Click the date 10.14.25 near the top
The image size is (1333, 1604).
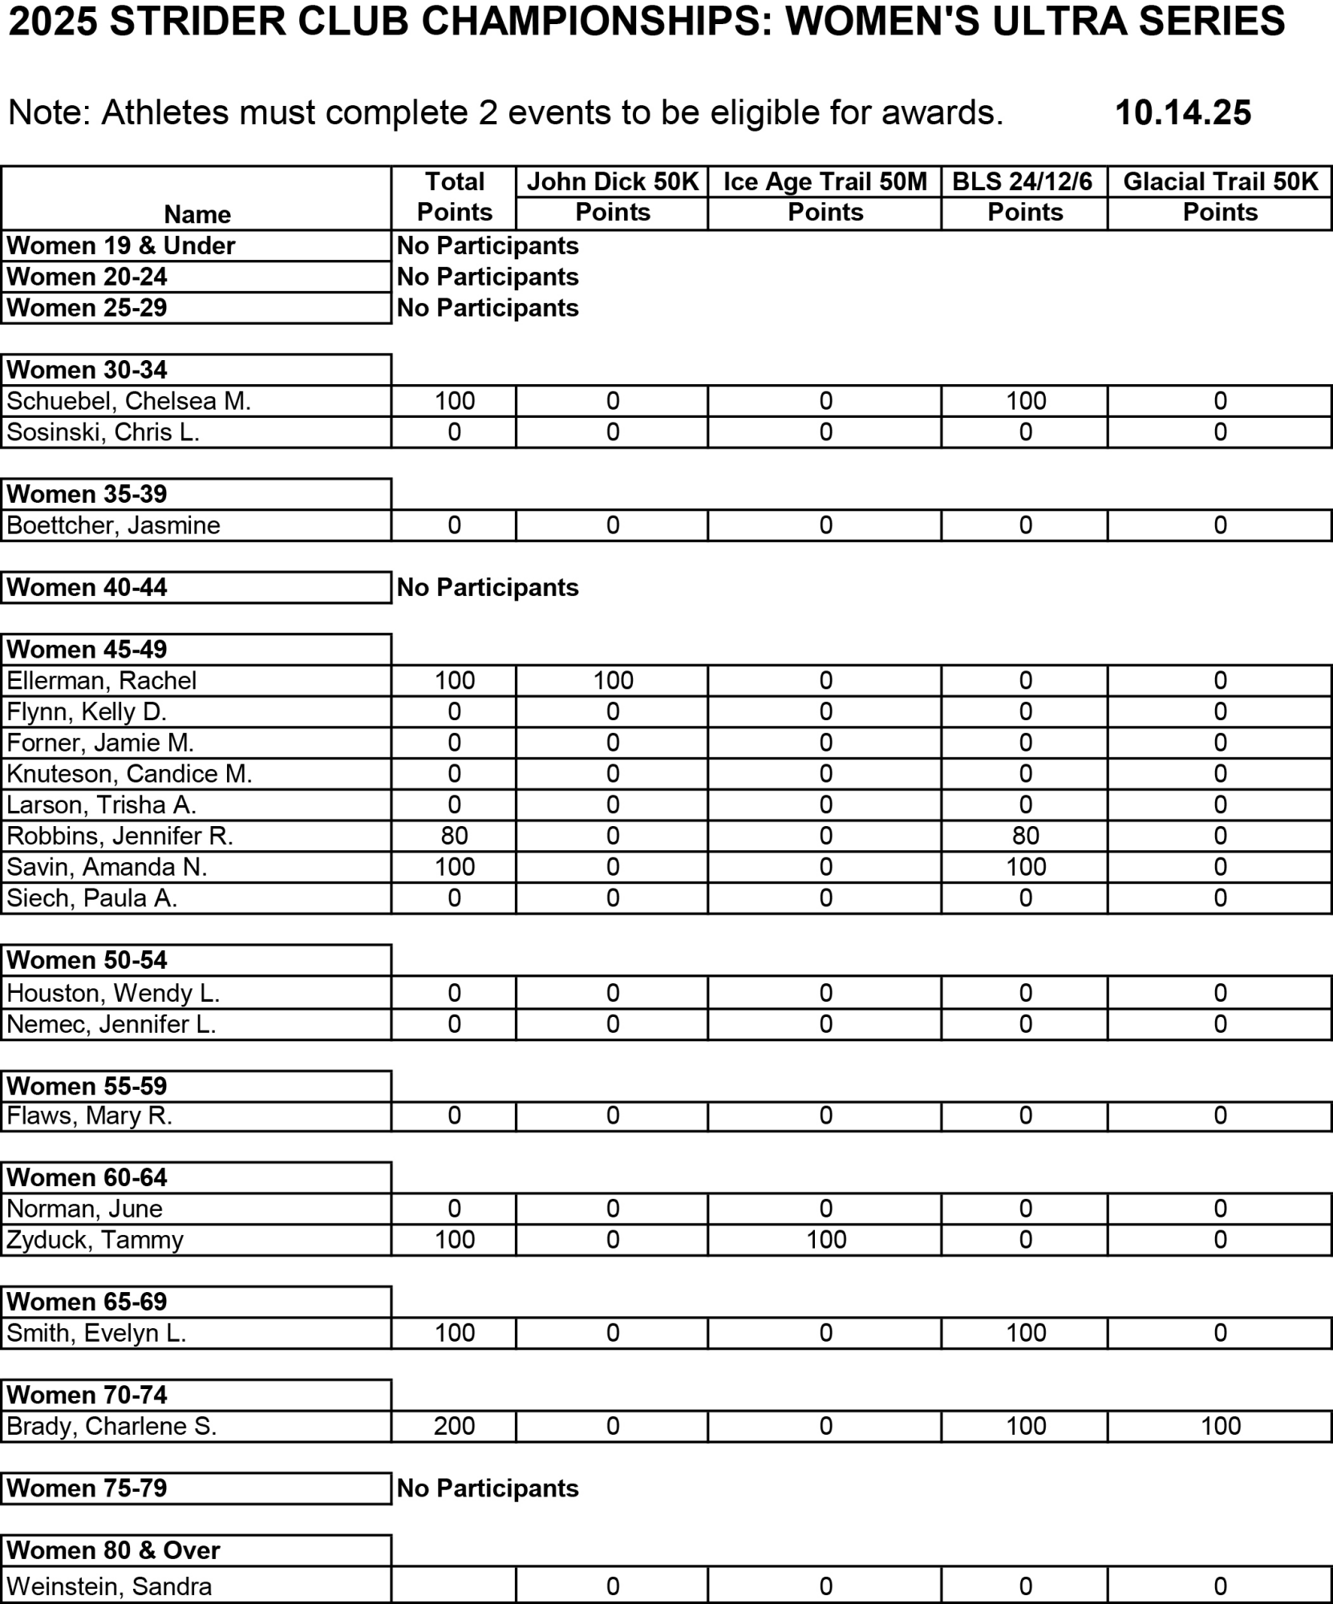coord(1182,113)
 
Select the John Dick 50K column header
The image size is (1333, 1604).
coord(613,182)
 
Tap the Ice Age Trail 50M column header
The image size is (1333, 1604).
coord(825,182)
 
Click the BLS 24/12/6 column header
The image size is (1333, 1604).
coord(1023,182)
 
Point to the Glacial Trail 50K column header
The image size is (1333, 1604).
coord(1220,182)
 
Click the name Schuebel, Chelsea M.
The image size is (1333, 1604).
coord(129,401)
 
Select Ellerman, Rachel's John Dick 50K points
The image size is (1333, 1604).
coord(613,681)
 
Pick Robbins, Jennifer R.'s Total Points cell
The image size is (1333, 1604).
coord(454,836)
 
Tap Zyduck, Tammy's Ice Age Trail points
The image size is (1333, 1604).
coord(825,1240)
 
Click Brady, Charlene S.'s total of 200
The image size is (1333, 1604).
coord(454,1426)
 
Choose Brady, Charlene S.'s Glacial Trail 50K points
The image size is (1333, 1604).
coord(1220,1426)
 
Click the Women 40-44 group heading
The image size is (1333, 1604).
coord(87,587)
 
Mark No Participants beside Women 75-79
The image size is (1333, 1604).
coord(488,1489)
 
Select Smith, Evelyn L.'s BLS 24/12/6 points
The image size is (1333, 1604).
coord(1026,1333)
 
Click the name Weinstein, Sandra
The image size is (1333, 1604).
coord(109,1586)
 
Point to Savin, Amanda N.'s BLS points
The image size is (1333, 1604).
coord(1026,867)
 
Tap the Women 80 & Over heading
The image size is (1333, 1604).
coord(113,1550)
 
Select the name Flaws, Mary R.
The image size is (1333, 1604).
coord(90,1116)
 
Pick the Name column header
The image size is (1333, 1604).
coord(197,214)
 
